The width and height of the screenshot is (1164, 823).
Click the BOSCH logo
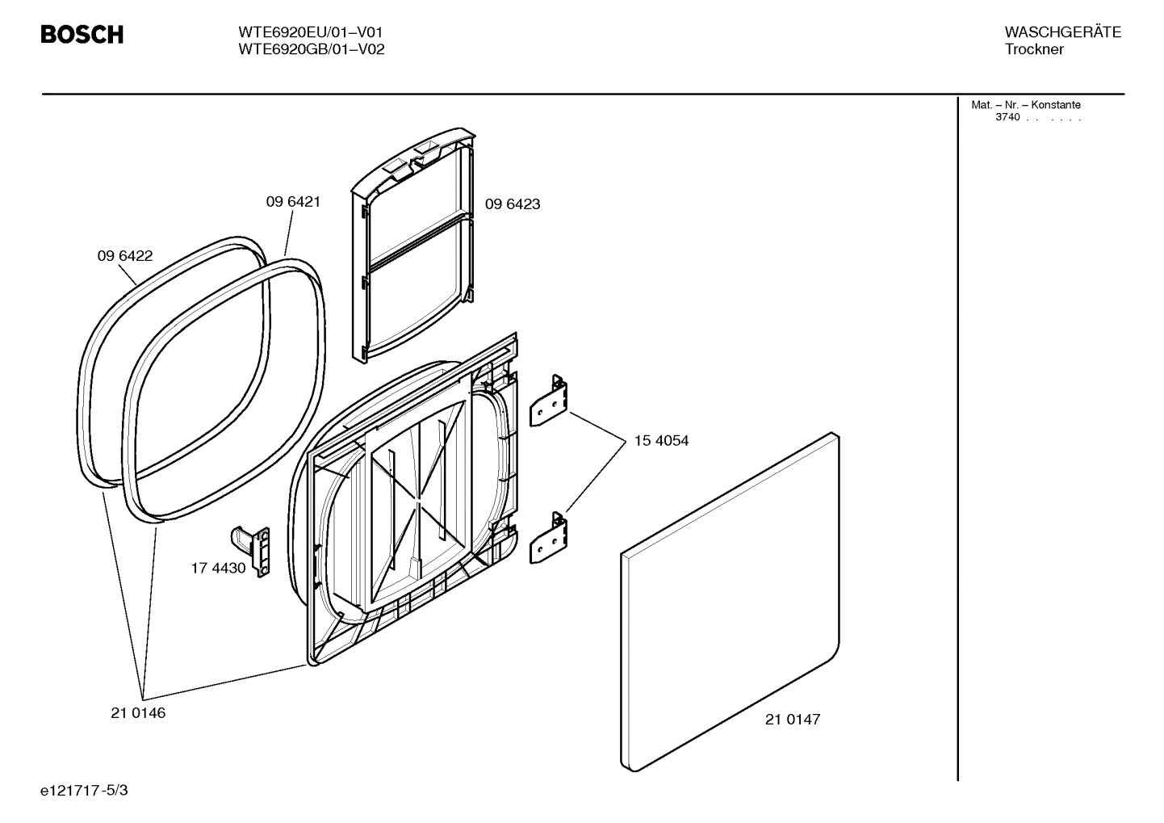(x=82, y=35)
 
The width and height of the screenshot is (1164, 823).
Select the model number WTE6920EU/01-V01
(x=310, y=32)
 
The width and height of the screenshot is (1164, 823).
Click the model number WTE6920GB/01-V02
(x=311, y=49)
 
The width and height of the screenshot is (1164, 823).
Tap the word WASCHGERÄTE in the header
(x=1062, y=32)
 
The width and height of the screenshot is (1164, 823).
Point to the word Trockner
(x=1034, y=49)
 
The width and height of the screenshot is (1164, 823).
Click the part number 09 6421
(x=293, y=202)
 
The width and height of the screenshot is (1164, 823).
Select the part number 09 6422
(x=125, y=256)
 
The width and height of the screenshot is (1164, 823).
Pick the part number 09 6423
(x=513, y=204)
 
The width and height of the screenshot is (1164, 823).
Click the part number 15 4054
(x=661, y=441)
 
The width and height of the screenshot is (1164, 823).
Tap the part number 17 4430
(x=218, y=568)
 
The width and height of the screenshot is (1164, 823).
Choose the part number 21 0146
(x=138, y=713)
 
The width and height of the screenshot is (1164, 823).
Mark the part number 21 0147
(x=793, y=720)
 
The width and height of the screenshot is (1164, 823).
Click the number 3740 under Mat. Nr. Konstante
(x=1007, y=117)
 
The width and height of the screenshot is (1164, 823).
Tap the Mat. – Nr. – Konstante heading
(x=1025, y=105)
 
